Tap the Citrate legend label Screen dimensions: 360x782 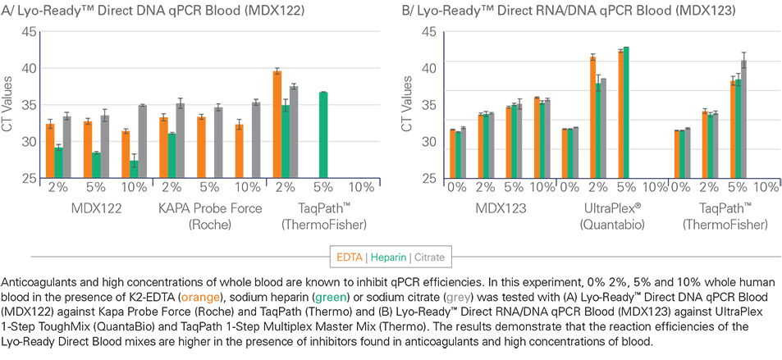(429, 257)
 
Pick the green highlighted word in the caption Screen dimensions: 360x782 (330, 298)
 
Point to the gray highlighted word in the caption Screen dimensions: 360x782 (458, 298)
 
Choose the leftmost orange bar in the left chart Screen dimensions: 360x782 (48, 148)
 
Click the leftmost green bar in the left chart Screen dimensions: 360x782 (58, 160)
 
